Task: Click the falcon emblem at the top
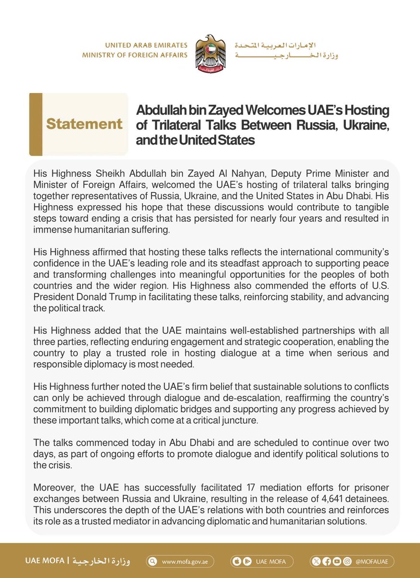tap(210, 53)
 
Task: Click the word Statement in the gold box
tap(84, 124)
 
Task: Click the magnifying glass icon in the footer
tap(153, 562)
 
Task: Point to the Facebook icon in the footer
tap(327, 562)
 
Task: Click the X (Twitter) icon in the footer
tap(316, 562)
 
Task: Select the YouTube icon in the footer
tap(337, 562)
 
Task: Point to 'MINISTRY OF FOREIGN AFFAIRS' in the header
tap(135, 55)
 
